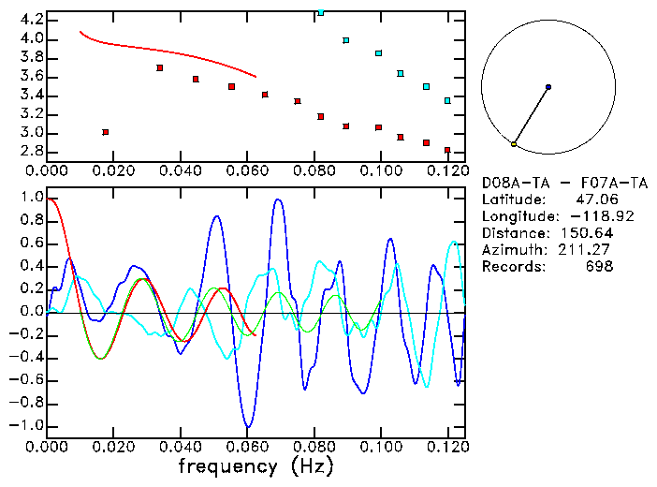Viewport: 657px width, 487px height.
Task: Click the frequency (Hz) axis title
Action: click(x=256, y=464)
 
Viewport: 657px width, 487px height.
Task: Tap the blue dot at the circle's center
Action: click(x=548, y=87)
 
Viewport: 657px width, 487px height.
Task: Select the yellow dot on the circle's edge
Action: click(x=514, y=144)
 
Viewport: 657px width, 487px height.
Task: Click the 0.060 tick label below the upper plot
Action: click(x=247, y=170)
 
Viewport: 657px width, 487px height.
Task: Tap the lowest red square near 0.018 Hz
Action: click(x=105, y=132)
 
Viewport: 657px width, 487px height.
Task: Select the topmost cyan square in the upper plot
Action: click(x=321, y=12)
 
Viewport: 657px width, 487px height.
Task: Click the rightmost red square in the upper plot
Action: click(x=447, y=150)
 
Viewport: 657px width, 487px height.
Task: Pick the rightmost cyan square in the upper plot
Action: click(x=447, y=100)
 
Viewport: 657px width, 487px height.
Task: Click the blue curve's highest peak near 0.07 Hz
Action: click(x=278, y=199)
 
